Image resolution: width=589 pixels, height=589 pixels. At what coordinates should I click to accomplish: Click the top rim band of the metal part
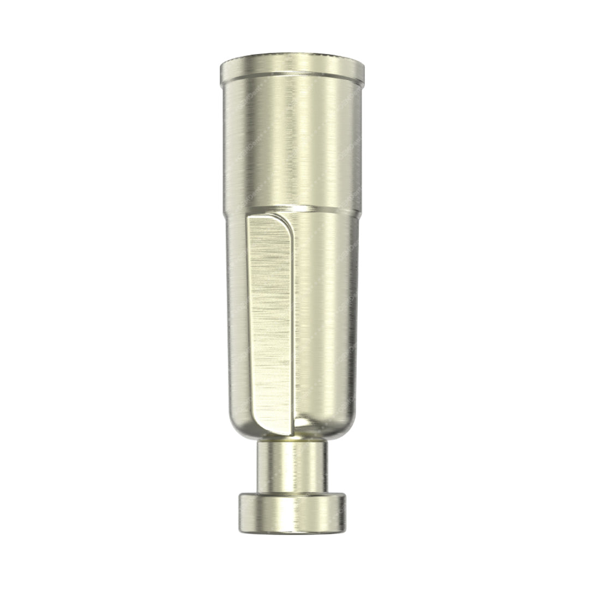293,67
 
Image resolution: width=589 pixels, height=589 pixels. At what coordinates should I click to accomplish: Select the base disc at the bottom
293,513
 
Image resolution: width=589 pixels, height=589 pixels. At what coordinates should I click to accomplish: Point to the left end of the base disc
241,513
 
